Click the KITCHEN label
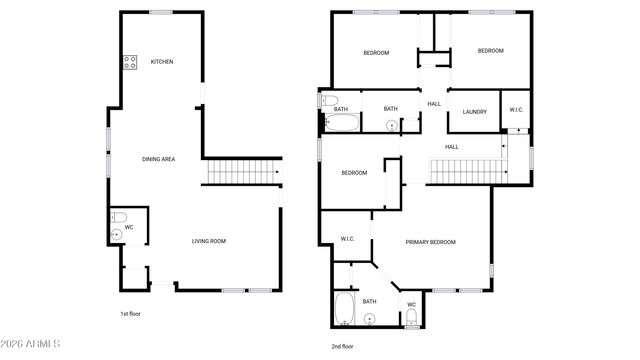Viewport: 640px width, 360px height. [162, 62]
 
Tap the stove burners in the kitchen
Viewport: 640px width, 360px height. [129, 62]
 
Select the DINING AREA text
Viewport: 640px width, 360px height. [159, 158]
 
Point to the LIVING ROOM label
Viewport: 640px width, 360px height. [209, 241]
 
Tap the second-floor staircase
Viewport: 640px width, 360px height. [463, 172]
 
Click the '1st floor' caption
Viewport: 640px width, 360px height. [129, 313]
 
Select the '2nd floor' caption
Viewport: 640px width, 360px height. [342, 346]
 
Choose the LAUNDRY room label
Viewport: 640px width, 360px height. [474, 111]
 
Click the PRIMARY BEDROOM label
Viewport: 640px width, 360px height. [430, 242]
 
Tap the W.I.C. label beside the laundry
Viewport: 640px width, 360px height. [517, 110]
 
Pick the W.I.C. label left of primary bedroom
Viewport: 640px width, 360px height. [348, 238]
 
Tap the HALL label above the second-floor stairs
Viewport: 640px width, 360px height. [451, 147]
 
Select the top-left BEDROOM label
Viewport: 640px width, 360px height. [375, 52]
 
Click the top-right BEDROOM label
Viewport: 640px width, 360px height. [489, 51]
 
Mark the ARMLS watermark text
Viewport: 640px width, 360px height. [33, 345]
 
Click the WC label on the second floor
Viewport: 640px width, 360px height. [411, 304]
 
